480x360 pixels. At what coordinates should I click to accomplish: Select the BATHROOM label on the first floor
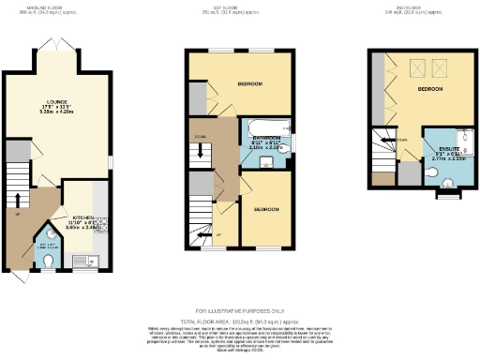(x=265, y=136)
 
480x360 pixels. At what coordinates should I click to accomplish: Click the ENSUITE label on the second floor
(x=436, y=150)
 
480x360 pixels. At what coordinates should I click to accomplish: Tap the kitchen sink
(x=83, y=259)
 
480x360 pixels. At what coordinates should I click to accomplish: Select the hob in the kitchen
(x=101, y=225)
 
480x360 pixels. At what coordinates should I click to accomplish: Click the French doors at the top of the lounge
(x=58, y=46)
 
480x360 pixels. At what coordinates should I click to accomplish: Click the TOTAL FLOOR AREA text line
(x=240, y=322)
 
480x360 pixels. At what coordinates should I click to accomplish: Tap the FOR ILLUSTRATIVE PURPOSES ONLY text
(x=240, y=310)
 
